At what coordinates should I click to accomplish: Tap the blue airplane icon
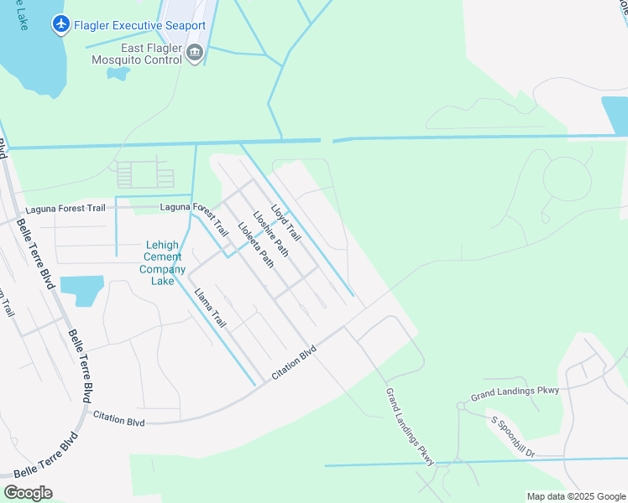tap(60, 25)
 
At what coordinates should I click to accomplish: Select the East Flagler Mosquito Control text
tap(139, 54)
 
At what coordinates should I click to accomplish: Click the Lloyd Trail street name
tap(285, 222)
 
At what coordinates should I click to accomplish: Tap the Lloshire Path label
tap(270, 231)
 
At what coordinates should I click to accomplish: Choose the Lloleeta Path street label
tap(255, 243)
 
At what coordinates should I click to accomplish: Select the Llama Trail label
tap(210, 308)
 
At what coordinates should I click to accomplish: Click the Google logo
tap(28, 492)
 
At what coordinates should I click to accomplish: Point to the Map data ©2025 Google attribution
tap(576, 496)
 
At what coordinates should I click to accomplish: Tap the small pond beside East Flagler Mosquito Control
tap(118, 73)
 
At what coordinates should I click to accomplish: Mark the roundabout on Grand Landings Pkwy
tap(461, 406)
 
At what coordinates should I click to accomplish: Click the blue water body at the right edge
tap(615, 116)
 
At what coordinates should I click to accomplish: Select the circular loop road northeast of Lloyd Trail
tap(568, 179)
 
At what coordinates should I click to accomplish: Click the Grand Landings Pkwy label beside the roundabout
tap(515, 391)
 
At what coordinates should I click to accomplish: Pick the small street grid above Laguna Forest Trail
tap(144, 174)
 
